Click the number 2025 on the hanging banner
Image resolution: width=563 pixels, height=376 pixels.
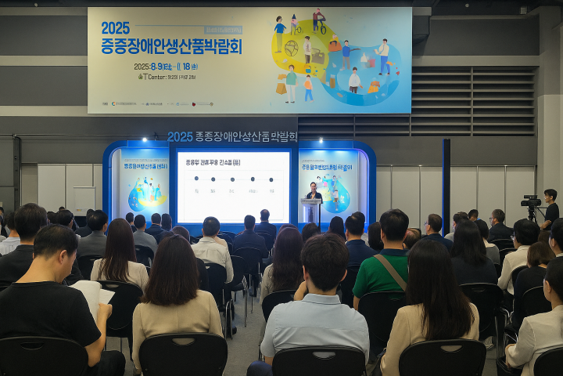tap(115, 28)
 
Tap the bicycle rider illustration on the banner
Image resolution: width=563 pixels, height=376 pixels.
tap(318, 19)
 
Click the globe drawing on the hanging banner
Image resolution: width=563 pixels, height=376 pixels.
tap(291, 48)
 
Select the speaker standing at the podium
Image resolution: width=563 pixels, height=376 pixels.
tap(314, 193)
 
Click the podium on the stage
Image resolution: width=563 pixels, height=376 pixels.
tap(312, 210)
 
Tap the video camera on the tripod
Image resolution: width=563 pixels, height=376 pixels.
tap(531, 201)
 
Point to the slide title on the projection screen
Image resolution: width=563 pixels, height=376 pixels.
tap(213, 162)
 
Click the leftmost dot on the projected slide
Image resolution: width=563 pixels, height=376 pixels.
tap(194, 179)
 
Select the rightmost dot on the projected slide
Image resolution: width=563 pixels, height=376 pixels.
tap(272, 179)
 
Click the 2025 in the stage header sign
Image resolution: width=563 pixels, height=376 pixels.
tap(180, 136)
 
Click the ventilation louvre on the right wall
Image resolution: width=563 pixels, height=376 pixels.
tap(472, 102)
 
